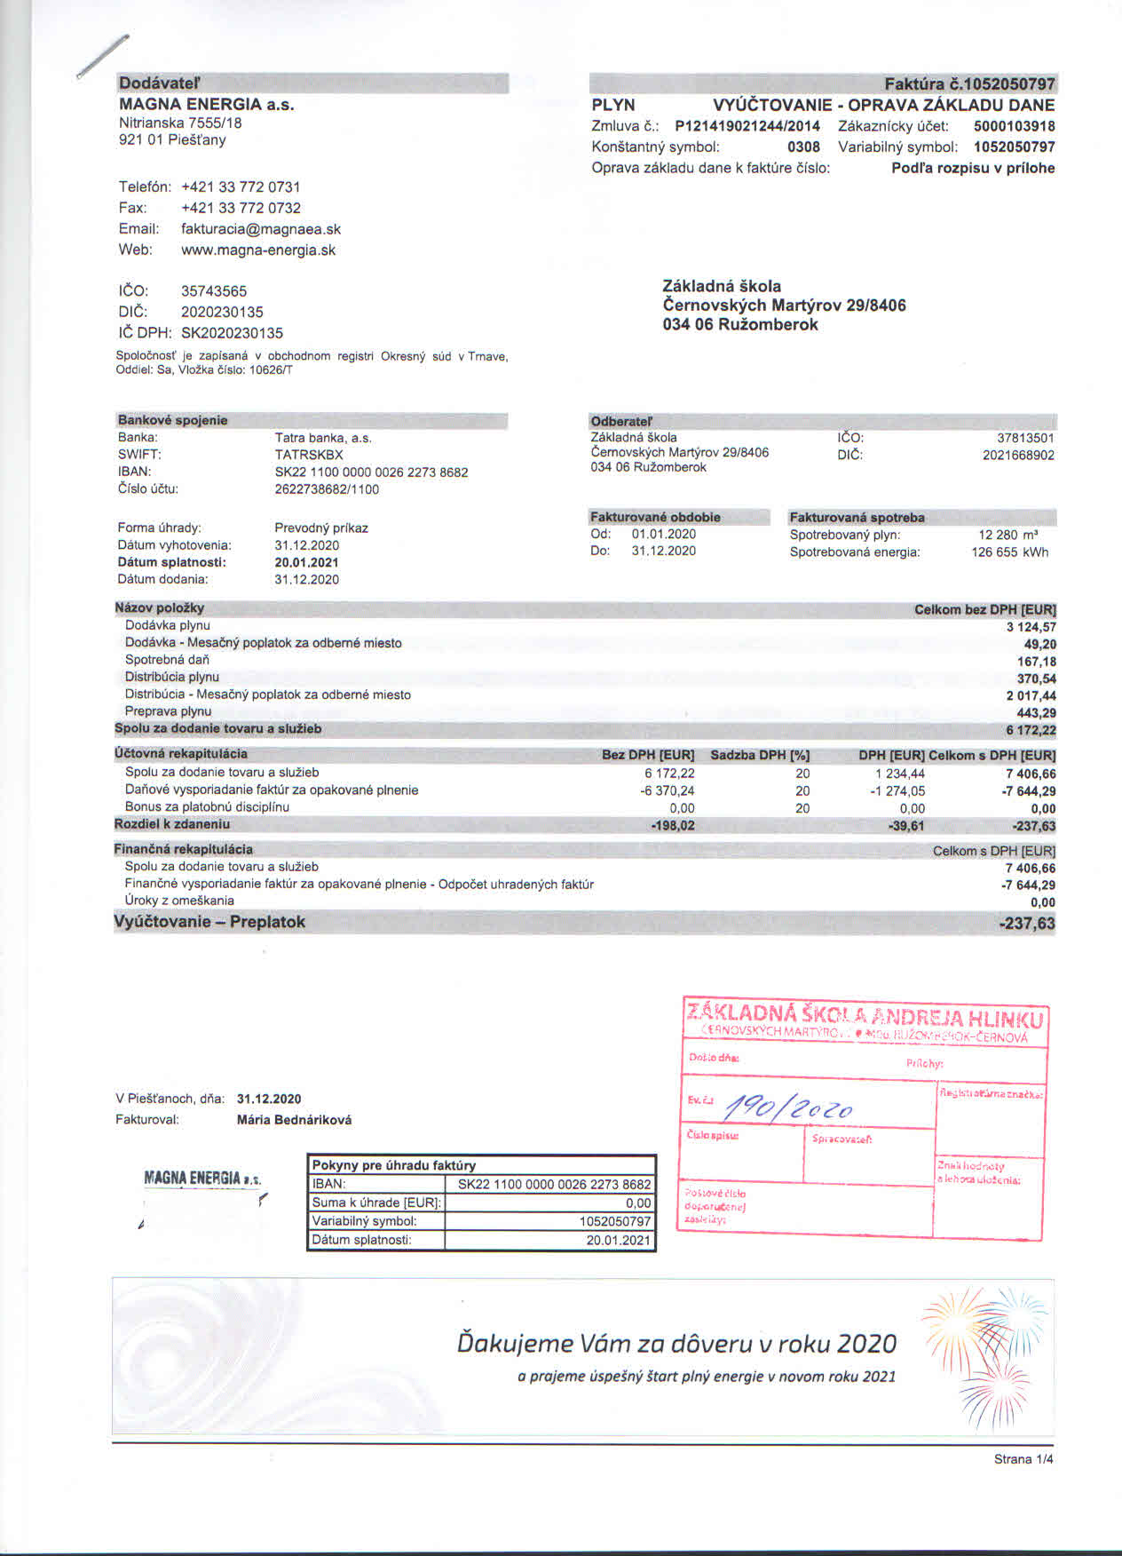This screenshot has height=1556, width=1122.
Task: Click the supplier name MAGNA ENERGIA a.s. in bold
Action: (x=206, y=104)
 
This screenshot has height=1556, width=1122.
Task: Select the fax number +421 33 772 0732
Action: (x=241, y=208)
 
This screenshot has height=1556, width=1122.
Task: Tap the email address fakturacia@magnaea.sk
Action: (x=260, y=229)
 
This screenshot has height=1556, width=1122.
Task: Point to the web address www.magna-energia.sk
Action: (x=257, y=250)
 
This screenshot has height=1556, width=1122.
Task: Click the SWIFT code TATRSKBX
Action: (x=308, y=455)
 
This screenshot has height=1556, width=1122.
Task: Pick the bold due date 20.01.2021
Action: (x=306, y=562)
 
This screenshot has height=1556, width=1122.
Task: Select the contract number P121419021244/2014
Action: (x=747, y=126)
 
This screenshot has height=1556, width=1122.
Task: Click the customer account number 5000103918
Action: (x=1014, y=126)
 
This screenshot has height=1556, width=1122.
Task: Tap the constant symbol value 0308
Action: (x=803, y=147)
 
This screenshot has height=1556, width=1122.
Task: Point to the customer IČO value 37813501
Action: (x=1025, y=438)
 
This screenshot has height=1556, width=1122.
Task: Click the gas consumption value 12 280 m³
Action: (x=1008, y=535)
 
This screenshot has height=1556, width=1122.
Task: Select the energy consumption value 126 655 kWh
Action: (x=1009, y=552)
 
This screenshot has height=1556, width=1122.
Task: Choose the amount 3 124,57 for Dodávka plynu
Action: (x=1031, y=627)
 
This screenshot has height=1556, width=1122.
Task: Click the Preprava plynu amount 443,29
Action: (x=1036, y=713)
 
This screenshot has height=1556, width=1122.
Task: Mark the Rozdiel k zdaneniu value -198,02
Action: (x=672, y=826)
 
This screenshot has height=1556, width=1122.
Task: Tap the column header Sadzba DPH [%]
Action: (x=760, y=756)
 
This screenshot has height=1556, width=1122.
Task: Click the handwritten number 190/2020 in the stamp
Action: (x=789, y=1107)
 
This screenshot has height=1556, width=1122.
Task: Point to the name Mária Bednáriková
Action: (x=294, y=1120)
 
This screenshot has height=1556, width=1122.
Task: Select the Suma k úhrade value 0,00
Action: (x=637, y=1203)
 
